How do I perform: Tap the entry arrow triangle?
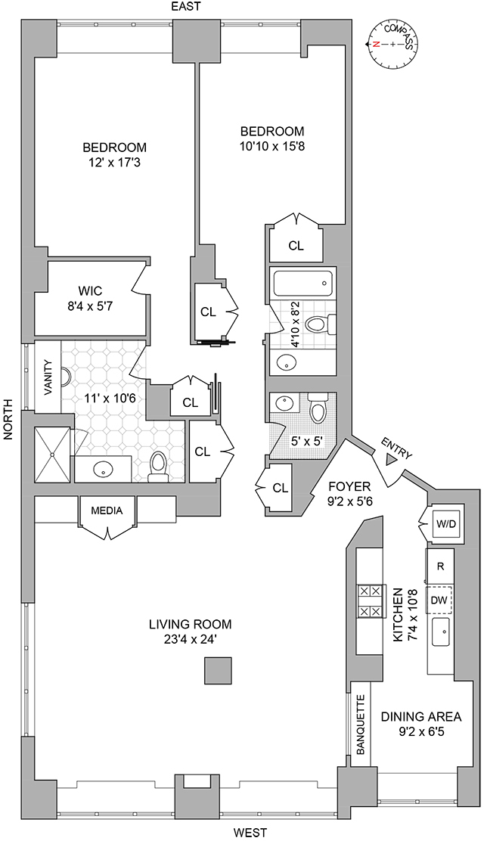pyautogui.click(x=391, y=459)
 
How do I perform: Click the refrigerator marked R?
pyautogui.click(x=439, y=565)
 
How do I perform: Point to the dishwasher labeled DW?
pyautogui.click(x=439, y=599)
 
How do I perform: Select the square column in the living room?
pyautogui.click(x=218, y=670)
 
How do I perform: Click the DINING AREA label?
pyautogui.click(x=420, y=716)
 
